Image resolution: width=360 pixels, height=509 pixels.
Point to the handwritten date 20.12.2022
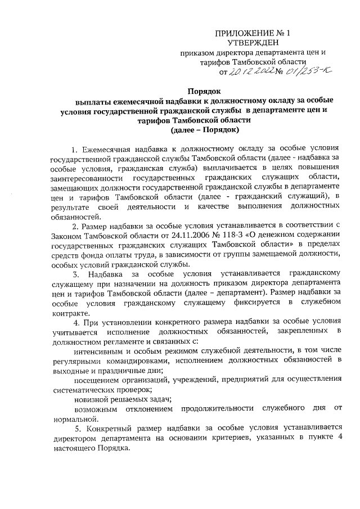(x=247, y=71)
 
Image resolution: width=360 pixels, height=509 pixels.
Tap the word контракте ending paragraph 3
(x=69, y=313)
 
